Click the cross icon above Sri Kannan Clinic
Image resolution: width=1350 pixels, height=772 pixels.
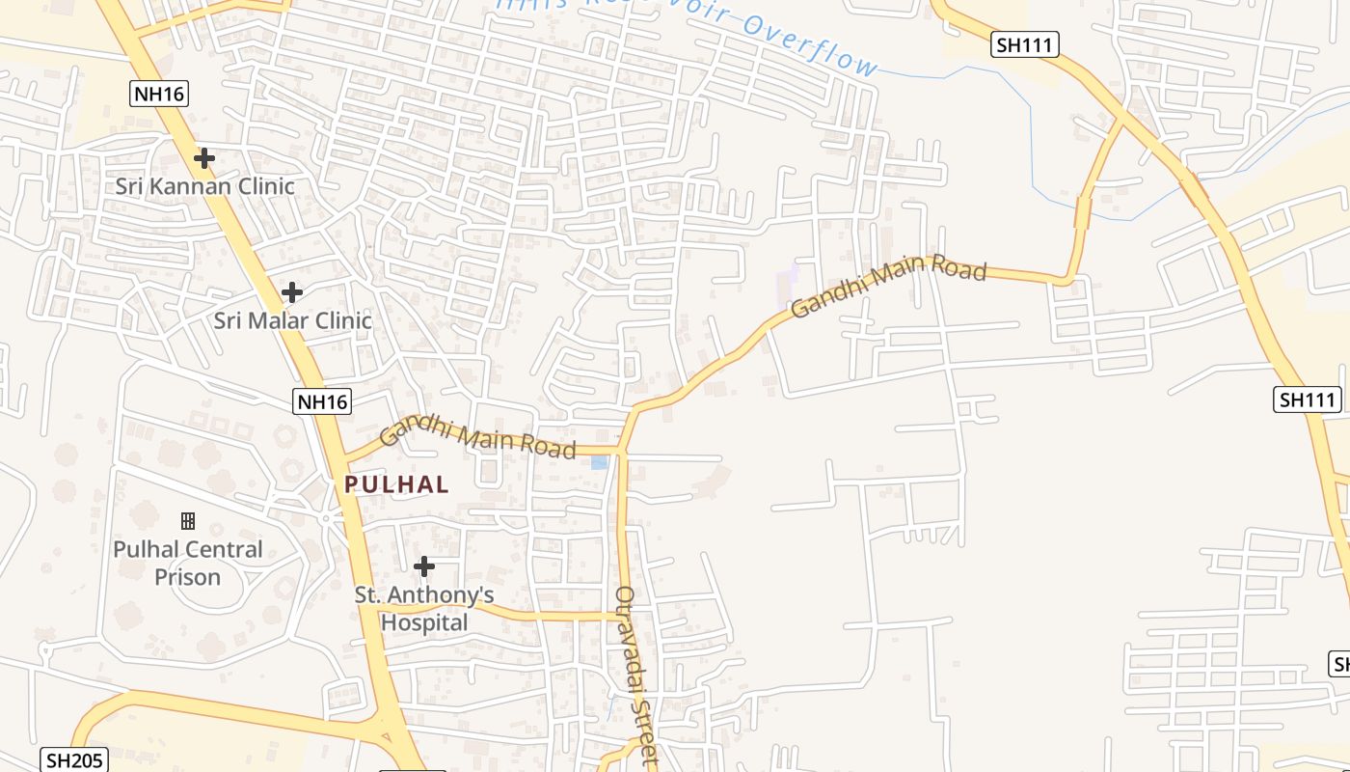(203, 157)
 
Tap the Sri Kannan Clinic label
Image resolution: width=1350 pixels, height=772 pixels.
(204, 186)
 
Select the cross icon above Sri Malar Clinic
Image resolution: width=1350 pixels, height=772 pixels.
(291, 291)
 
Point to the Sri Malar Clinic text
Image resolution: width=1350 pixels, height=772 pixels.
(292, 320)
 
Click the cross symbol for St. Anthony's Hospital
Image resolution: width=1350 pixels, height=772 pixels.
(423, 566)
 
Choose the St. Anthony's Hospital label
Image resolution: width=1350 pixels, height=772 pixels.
(424, 609)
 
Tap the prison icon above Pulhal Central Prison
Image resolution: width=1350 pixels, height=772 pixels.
(188, 521)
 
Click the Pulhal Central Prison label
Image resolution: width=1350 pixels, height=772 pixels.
(188, 563)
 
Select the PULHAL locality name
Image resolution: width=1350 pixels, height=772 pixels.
(396, 484)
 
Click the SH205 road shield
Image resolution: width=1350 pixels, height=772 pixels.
(74, 759)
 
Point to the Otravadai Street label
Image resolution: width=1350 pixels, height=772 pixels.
(635, 675)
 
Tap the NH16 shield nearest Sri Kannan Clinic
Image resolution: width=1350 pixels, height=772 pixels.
(158, 94)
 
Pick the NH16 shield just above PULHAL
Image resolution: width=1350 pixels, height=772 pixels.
(322, 401)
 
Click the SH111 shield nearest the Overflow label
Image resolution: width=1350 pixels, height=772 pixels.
(1025, 44)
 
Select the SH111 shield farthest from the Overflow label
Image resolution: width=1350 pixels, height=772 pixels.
(1308, 400)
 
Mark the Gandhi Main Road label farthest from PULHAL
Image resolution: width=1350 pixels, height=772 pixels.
(888, 287)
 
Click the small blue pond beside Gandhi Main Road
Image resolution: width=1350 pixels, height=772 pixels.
(599, 462)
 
